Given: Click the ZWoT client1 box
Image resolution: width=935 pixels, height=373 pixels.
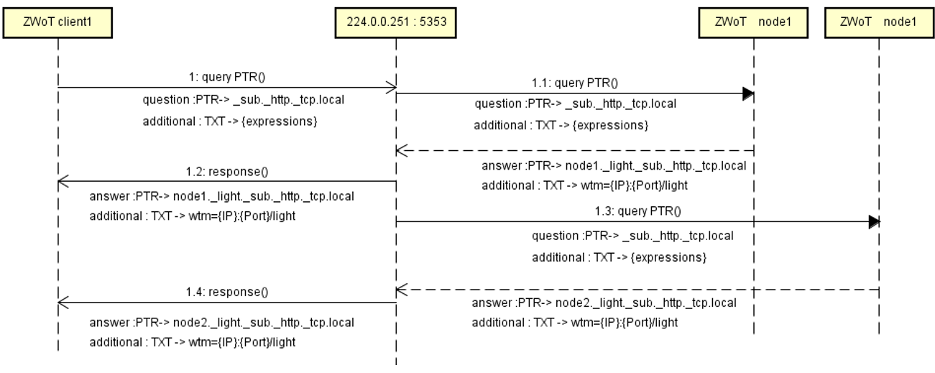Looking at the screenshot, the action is (57, 22).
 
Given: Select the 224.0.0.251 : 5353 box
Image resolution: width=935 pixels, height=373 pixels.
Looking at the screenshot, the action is (396, 22).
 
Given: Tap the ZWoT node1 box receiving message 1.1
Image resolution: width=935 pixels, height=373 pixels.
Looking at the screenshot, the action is (753, 22).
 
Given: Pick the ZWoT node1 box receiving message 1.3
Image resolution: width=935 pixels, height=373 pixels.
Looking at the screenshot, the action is (879, 22).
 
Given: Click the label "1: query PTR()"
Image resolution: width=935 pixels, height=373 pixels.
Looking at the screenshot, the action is (226, 77).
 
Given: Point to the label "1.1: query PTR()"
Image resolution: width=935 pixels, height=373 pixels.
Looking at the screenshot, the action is (575, 83).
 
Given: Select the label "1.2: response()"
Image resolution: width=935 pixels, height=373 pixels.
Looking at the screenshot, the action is (226, 172).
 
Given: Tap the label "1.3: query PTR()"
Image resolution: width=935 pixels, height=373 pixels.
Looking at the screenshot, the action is (637, 211).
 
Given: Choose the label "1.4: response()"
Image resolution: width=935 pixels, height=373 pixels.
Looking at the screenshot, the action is (226, 292).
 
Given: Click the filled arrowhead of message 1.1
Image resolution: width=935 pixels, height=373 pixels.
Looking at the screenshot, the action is (748, 94).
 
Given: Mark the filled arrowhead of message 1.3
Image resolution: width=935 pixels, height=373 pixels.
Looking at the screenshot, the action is (874, 222).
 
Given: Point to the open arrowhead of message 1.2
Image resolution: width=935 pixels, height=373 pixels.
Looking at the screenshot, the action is (63, 182).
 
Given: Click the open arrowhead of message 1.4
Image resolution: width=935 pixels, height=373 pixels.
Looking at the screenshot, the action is (63, 303).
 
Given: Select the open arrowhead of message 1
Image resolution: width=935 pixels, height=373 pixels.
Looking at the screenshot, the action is (391, 88).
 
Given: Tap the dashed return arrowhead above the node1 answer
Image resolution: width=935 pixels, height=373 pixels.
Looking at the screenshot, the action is (402, 151).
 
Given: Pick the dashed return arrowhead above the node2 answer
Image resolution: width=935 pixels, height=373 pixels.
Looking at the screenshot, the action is (402, 290).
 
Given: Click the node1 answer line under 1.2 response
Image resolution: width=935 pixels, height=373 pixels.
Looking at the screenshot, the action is (221, 196).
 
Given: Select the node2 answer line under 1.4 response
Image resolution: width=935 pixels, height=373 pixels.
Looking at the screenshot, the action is (221, 323).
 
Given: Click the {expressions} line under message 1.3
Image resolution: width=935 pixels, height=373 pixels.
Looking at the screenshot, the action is (619, 257).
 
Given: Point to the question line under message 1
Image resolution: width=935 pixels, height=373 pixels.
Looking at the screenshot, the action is (244, 100).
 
